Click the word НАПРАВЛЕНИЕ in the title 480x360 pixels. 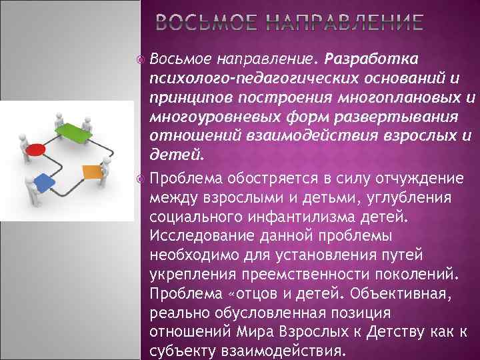(346, 25)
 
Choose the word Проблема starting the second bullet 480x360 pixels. (178, 179)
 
